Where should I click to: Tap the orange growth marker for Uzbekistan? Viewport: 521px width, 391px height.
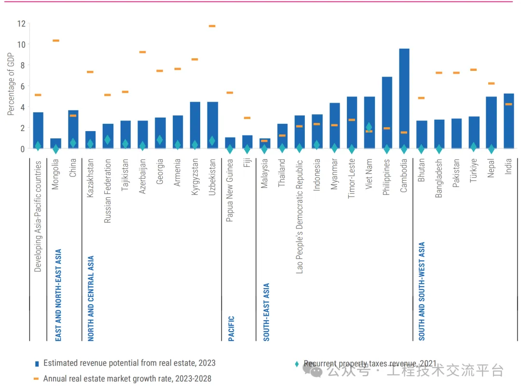(212, 26)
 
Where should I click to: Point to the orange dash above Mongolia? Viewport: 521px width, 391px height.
(55, 40)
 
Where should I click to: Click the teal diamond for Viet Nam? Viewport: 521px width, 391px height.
(369, 127)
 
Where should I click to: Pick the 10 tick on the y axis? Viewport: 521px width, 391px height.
(21, 44)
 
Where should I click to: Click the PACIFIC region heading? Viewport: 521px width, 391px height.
(231, 328)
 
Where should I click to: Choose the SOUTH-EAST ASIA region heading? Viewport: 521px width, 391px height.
(266, 312)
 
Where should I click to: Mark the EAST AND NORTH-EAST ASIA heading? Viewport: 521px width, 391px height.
(58, 295)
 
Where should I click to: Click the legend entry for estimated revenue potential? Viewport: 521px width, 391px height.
(129, 363)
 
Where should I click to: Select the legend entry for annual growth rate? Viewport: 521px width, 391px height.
(127, 379)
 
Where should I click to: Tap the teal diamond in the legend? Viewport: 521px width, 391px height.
(297, 364)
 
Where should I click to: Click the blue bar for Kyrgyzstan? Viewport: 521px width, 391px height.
(195, 125)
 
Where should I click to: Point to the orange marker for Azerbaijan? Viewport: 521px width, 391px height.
(142, 52)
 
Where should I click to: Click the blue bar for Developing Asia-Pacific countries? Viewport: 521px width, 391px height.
(38, 130)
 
